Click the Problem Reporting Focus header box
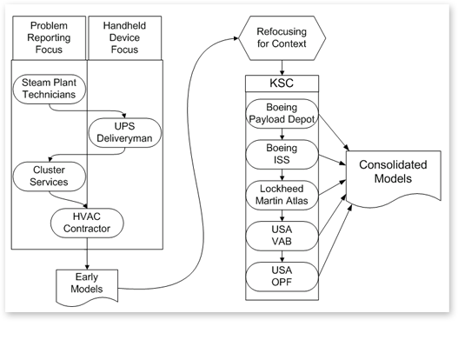pyautogui.click(x=49, y=37)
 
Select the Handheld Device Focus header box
pyautogui.click(x=125, y=37)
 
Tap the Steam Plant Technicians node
pyautogui.click(x=49, y=89)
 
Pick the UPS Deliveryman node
pyautogui.click(x=125, y=132)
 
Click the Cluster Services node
pyautogui.click(x=49, y=177)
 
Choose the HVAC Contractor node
pyautogui.click(x=87, y=223)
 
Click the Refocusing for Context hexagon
pyautogui.click(x=282, y=38)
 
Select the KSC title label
pyautogui.click(x=282, y=83)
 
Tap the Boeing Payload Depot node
pyautogui.click(x=282, y=113)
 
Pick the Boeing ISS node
pyautogui.click(x=282, y=154)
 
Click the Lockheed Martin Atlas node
pyautogui.click(x=282, y=195)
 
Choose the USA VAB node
pyautogui.click(x=282, y=236)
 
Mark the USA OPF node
pyautogui.click(x=282, y=277)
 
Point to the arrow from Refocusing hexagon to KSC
pyautogui.click(x=282, y=68)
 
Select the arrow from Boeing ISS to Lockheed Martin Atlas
pyautogui.click(x=282, y=175)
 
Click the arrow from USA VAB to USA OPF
pyautogui.click(x=282, y=257)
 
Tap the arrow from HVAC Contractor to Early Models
pyautogui.click(x=87, y=253)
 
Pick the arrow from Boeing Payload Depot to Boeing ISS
pyautogui.click(x=282, y=134)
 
